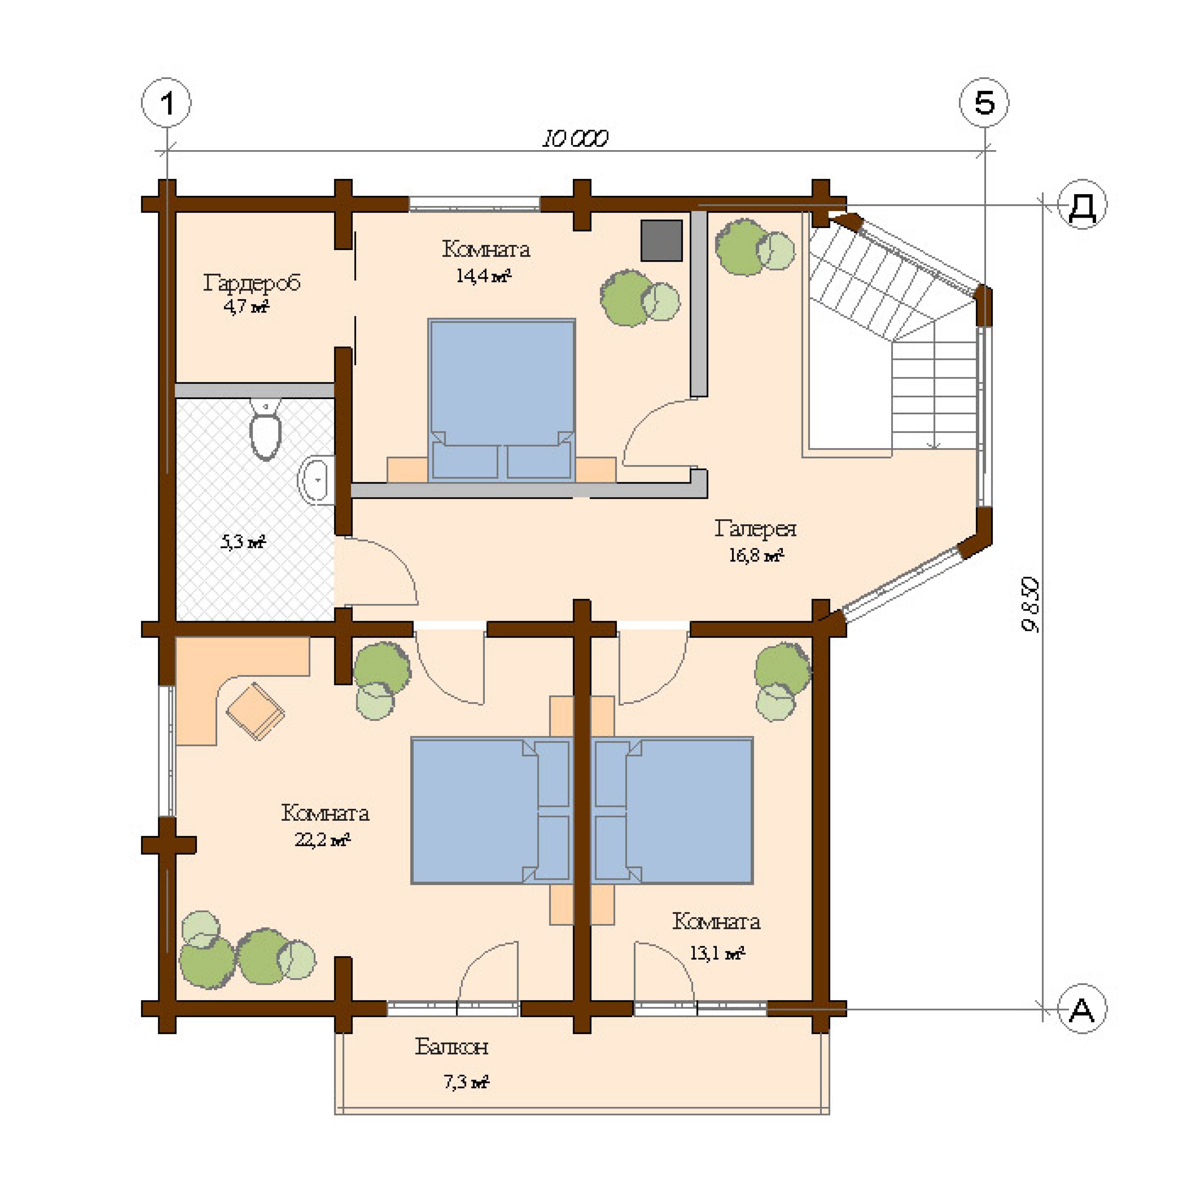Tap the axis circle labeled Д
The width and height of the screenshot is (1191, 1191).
1082,205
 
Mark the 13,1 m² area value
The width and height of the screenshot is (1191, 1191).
717,953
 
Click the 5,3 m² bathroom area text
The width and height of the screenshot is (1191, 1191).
243,542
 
